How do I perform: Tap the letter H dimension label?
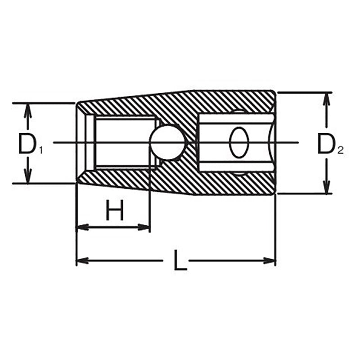(x=115, y=211)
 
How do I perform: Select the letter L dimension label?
(x=180, y=261)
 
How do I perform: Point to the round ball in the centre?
(x=167, y=143)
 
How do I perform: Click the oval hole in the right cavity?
(x=238, y=143)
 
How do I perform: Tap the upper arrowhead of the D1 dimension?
(x=28, y=108)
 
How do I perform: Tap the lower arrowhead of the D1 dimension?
(x=28, y=178)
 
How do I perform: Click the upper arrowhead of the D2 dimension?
(x=327, y=98)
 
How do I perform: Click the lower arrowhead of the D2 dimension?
(x=327, y=189)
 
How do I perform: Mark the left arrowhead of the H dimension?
(x=81, y=227)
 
